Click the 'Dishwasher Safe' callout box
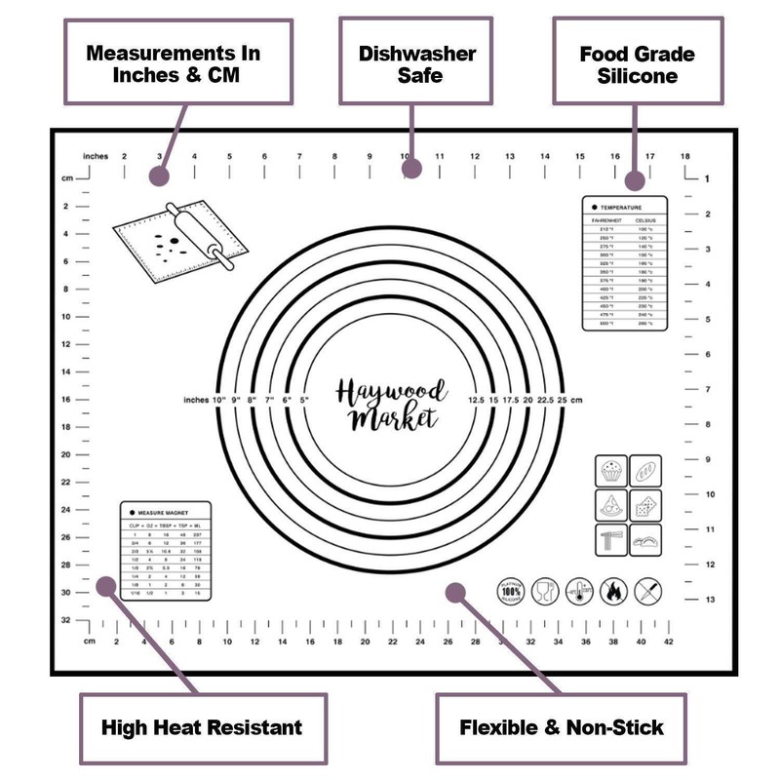click(412, 62)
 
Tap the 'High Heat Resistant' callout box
click(202, 726)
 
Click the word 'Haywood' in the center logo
click(391, 393)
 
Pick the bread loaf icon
click(645, 471)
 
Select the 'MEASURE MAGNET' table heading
click(162, 511)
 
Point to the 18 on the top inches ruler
click(685, 156)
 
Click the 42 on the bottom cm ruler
click(668, 642)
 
